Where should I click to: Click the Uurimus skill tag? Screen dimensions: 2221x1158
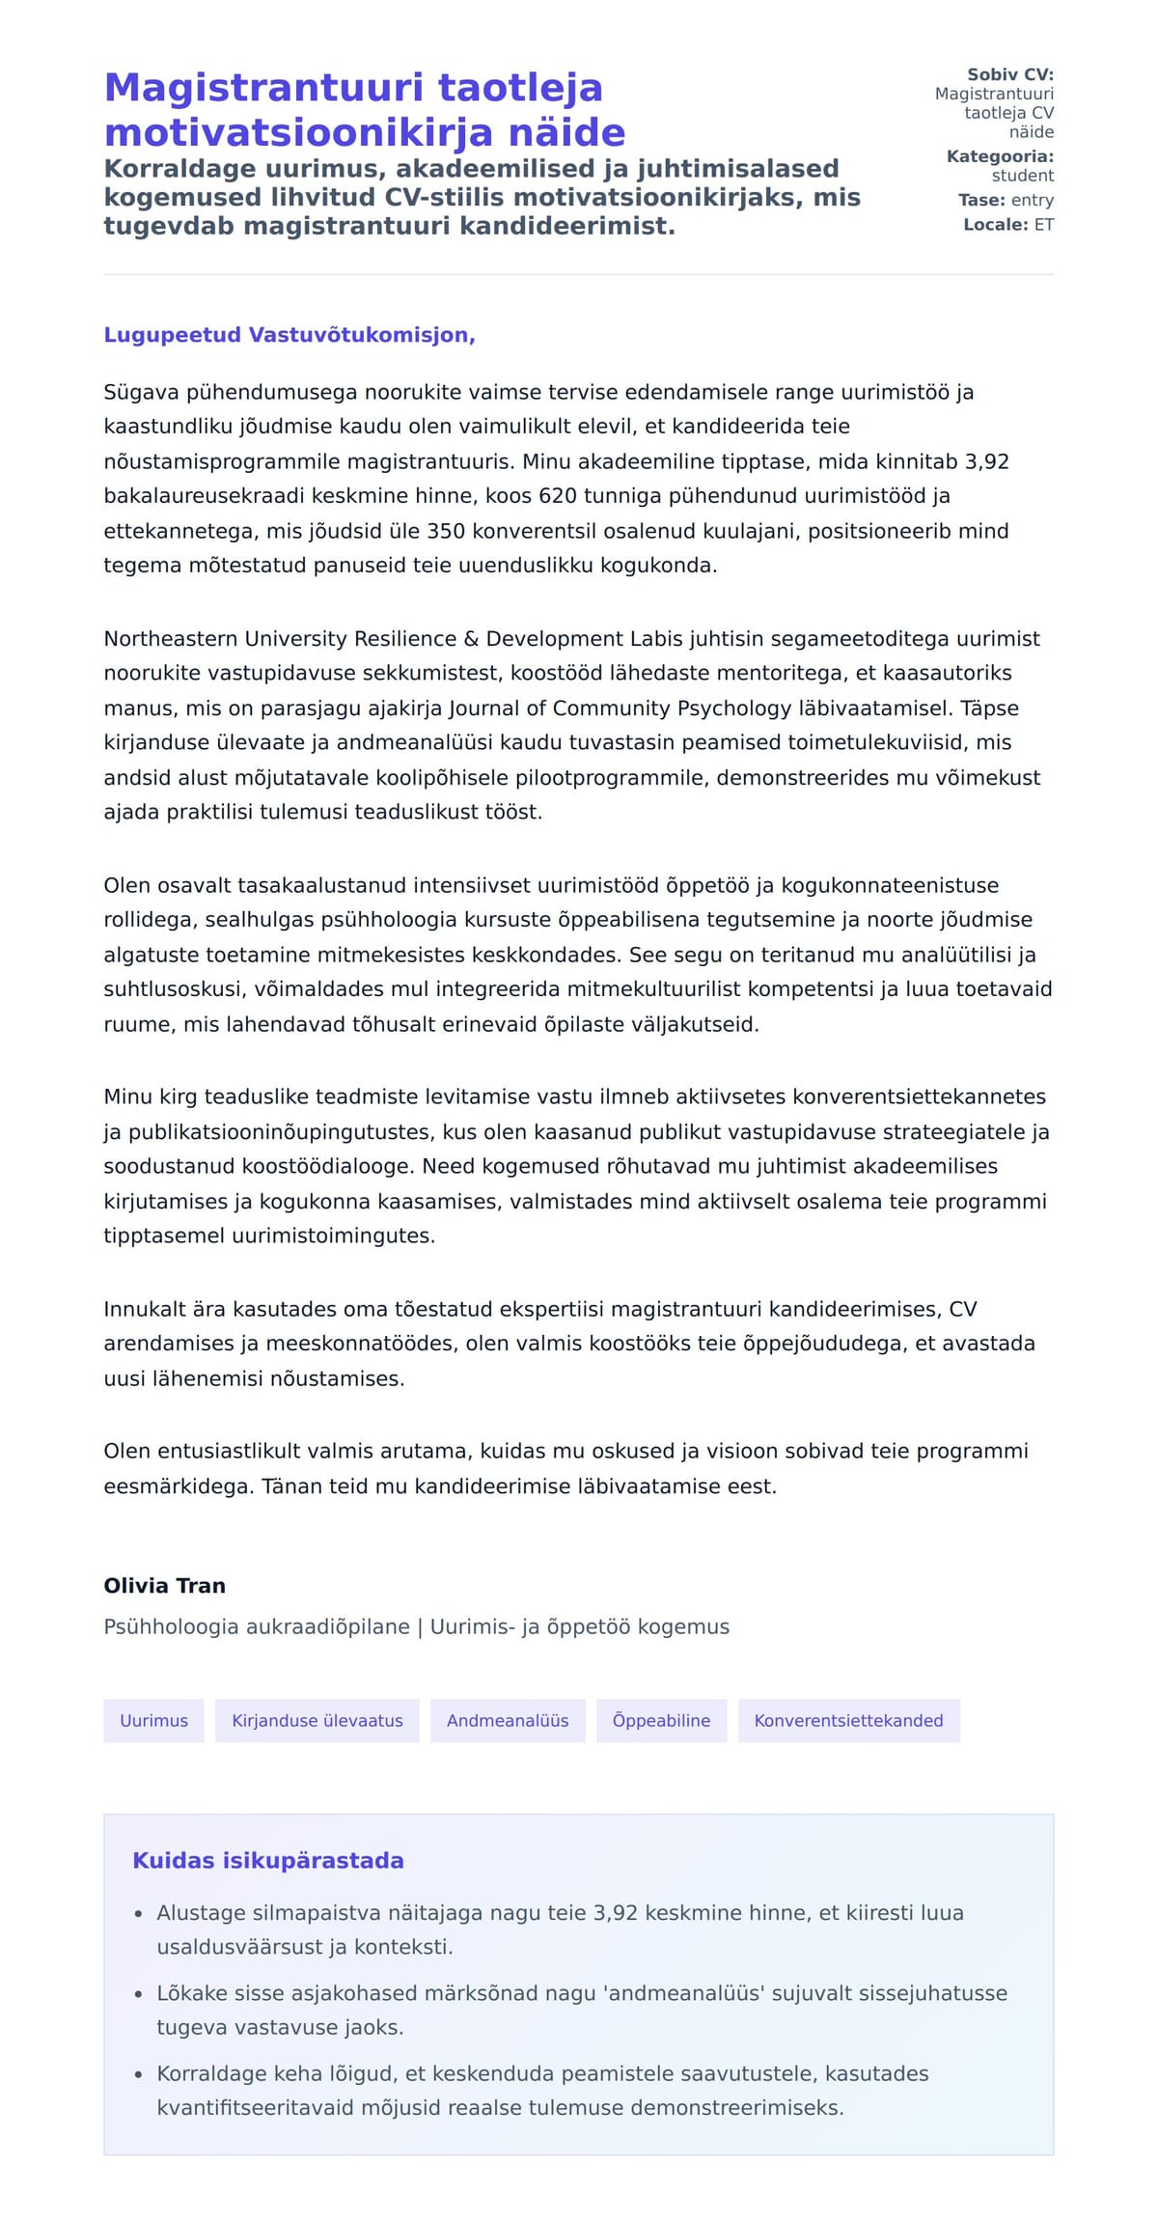tap(153, 1720)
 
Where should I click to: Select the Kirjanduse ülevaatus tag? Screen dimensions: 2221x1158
tap(317, 1720)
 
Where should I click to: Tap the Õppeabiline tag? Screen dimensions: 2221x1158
tap(661, 1720)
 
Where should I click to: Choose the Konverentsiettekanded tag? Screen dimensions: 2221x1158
tap(848, 1720)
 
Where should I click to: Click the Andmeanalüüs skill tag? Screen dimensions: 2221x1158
tap(508, 1720)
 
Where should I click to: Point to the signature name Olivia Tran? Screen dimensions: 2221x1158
tap(164, 1586)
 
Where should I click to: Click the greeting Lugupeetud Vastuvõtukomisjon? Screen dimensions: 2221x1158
tap(289, 335)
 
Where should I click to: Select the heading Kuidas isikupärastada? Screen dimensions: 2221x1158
tap(267, 1861)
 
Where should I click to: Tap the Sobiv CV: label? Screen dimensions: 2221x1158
tap(1009, 74)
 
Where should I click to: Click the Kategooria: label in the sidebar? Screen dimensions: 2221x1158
tap(1000, 156)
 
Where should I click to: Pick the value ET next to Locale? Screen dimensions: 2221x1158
tap(1043, 225)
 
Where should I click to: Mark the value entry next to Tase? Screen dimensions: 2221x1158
tap(1032, 200)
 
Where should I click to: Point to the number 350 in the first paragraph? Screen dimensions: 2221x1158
tap(446, 531)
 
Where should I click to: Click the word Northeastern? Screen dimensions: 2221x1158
tap(171, 639)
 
